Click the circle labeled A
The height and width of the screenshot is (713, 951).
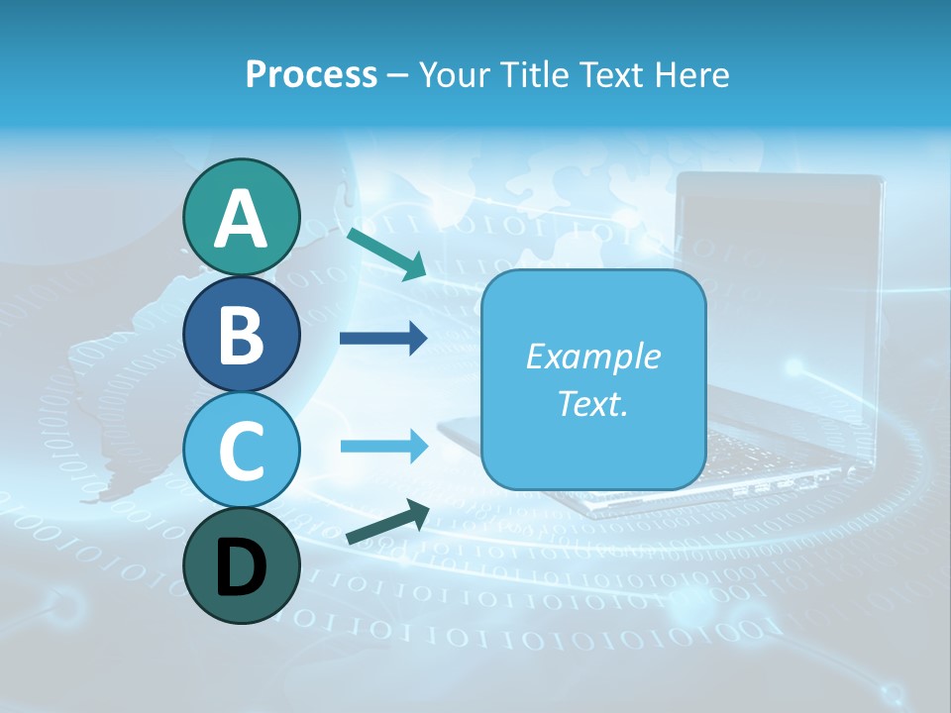(x=241, y=217)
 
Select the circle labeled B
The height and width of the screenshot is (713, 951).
(x=241, y=334)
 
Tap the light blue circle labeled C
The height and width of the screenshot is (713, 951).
(x=241, y=451)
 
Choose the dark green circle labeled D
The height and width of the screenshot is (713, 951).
(x=241, y=566)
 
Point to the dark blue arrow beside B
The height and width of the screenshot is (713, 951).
(x=383, y=339)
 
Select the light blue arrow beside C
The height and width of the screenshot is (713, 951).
(x=383, y=446)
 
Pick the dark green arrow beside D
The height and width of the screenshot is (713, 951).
(x=387, y=523)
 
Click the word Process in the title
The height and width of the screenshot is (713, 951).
(x=311, y=74)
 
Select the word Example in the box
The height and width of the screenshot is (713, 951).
(x=592, y=356)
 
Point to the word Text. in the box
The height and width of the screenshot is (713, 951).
(x=592, y=403)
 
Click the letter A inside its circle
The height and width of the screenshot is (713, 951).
(x=241, y=219)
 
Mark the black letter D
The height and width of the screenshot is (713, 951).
(x=241, y=568)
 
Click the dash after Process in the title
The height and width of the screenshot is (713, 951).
(x=397, y=75)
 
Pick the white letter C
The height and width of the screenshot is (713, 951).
(x=241, y=452)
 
